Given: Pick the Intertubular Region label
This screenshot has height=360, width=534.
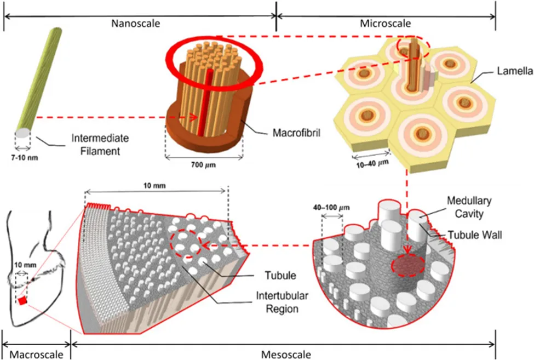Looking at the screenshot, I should (278, 303).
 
